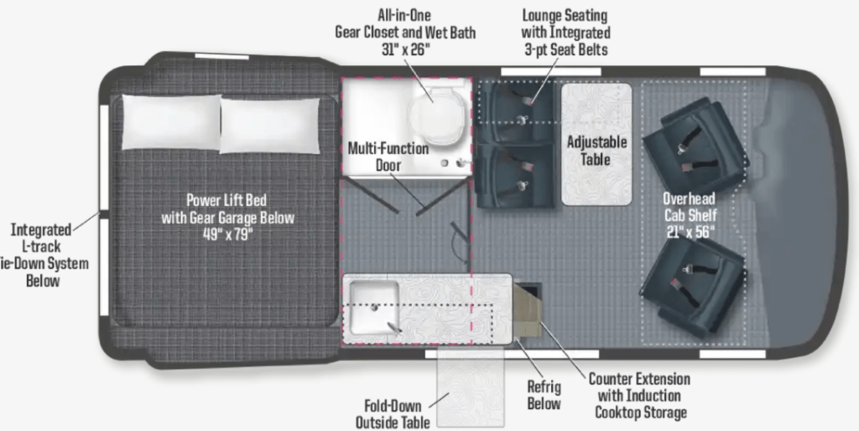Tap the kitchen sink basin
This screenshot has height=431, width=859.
click(374, 307)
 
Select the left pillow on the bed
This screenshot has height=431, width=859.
click(171, 122)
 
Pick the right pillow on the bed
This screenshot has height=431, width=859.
click(269, 126)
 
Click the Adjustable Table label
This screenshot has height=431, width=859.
click(596, 151)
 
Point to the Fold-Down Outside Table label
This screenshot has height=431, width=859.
click(393, 414)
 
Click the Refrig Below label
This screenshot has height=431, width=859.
click(544, 395)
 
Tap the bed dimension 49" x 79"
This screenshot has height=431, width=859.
click(228, 236)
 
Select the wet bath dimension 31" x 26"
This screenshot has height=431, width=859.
click(406, 49)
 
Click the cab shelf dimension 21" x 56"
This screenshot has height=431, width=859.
click(690, 231)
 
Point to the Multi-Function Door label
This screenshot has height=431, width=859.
click(388, 157)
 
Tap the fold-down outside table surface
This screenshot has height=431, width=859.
click(471, 386)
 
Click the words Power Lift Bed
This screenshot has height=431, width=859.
click(226, 200)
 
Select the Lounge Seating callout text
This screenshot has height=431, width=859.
click(565, 32)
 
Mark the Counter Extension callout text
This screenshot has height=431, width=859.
click(640, 395)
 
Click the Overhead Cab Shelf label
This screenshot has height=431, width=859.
click(690, 206)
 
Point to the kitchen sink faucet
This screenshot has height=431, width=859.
click(394, 328)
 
